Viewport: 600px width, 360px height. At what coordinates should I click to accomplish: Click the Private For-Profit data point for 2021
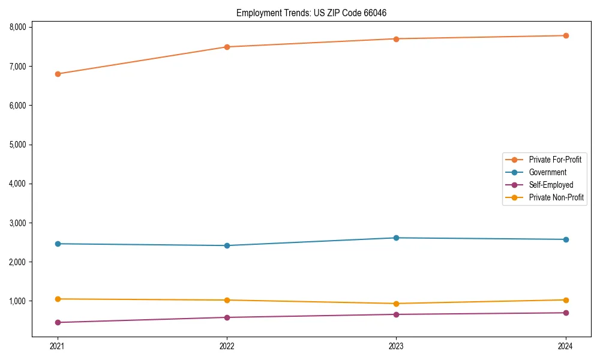[x=58, y=74]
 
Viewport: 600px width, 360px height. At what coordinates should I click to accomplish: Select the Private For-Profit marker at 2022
[x=227, y=47]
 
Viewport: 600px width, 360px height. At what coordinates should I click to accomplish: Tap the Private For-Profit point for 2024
[x=566, y=35]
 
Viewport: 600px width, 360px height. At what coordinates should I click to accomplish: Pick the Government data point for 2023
[x=396, y=238]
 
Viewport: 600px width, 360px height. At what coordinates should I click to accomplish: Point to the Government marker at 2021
[x=58, y=244]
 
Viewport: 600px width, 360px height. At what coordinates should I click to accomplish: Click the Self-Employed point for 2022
[x=227, y=317]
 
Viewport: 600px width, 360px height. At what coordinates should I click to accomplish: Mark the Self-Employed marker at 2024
[x=566, y=313]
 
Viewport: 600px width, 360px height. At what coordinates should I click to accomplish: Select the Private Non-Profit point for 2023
[x=396, y=304]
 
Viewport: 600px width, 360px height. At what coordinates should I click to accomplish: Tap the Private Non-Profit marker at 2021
[x=58, y=299]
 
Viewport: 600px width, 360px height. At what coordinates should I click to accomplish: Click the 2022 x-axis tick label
[x=227, y=346]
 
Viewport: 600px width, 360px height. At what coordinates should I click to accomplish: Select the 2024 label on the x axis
[x=566, y=346]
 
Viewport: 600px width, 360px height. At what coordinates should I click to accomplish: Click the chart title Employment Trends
[x=273, y=13]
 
